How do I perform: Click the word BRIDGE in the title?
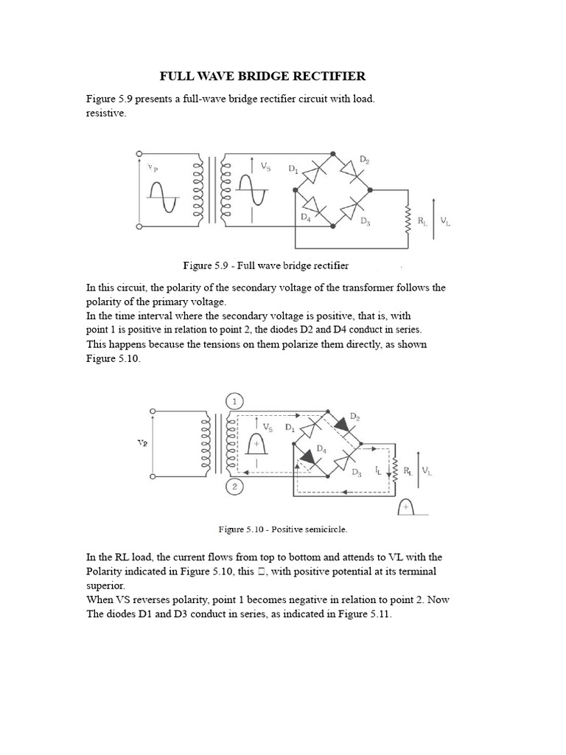pyautogui.click(x=265, y=77)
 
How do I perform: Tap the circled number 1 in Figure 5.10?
pyautogui.click(x=234, y=402)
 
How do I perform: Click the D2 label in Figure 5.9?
pyautogui.click(x=364, y=160)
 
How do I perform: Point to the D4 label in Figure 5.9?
pyautogui.click(x=306, y=218)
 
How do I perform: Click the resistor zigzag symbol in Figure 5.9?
pyautogui.click(x=405, y=219)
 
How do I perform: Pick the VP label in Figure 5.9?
pyautogui.click(x=153, y=167)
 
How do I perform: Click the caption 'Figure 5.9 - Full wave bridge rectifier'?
pyautogui.click(x=265, y=265)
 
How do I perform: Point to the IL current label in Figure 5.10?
pyautogui.click(x=378, y=470)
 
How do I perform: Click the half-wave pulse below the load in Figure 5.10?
pyautogui.click(x=407, y=508)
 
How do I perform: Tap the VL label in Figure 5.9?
pyautogui.click(x=445, y=220)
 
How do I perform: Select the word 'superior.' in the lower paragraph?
pyautogui.click(x=106, y=585)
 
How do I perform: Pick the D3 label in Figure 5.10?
pyautogui.click(x=357, y=473)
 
